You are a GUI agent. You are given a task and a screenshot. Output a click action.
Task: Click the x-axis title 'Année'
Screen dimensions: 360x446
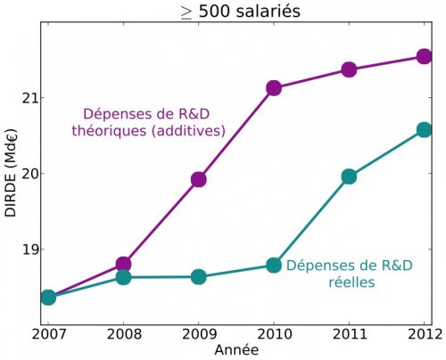pos(236,350)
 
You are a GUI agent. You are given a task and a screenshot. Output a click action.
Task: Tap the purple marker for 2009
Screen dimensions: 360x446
pos(198,179)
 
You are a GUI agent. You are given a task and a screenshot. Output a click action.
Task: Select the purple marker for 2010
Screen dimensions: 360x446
pos(274,87)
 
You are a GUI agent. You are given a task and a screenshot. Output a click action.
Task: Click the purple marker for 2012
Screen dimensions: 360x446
pos(424,57)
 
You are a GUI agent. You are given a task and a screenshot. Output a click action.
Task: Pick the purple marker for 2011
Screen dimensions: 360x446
pos(349,70)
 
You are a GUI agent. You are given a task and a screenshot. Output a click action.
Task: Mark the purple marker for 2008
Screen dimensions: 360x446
pos(123,264)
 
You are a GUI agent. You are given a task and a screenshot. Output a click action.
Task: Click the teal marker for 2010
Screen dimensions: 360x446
pos(274,265)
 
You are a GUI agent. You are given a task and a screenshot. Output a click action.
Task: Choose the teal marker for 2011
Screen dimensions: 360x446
pos(349,176)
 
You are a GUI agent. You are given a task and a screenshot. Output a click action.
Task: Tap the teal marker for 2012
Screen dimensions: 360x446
pos(424,130)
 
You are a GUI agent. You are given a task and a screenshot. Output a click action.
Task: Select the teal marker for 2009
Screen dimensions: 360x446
pos(198,276)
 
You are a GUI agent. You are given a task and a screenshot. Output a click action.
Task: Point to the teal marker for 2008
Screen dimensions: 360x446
pos(123,277)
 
